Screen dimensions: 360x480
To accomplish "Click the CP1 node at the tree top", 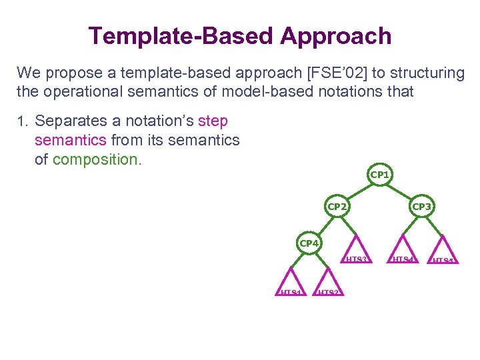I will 379,175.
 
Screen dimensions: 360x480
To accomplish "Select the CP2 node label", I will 337,207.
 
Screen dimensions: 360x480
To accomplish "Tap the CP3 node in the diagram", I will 422,207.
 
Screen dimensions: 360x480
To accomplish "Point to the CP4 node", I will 309,243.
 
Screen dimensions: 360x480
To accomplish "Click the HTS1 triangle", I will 291,283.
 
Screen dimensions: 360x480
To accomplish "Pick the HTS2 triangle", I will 327,283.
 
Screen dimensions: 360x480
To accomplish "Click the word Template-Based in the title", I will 181,36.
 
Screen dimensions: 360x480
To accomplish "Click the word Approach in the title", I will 336,36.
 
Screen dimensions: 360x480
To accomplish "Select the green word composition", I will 96,160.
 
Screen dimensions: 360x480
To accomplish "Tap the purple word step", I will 213,121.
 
